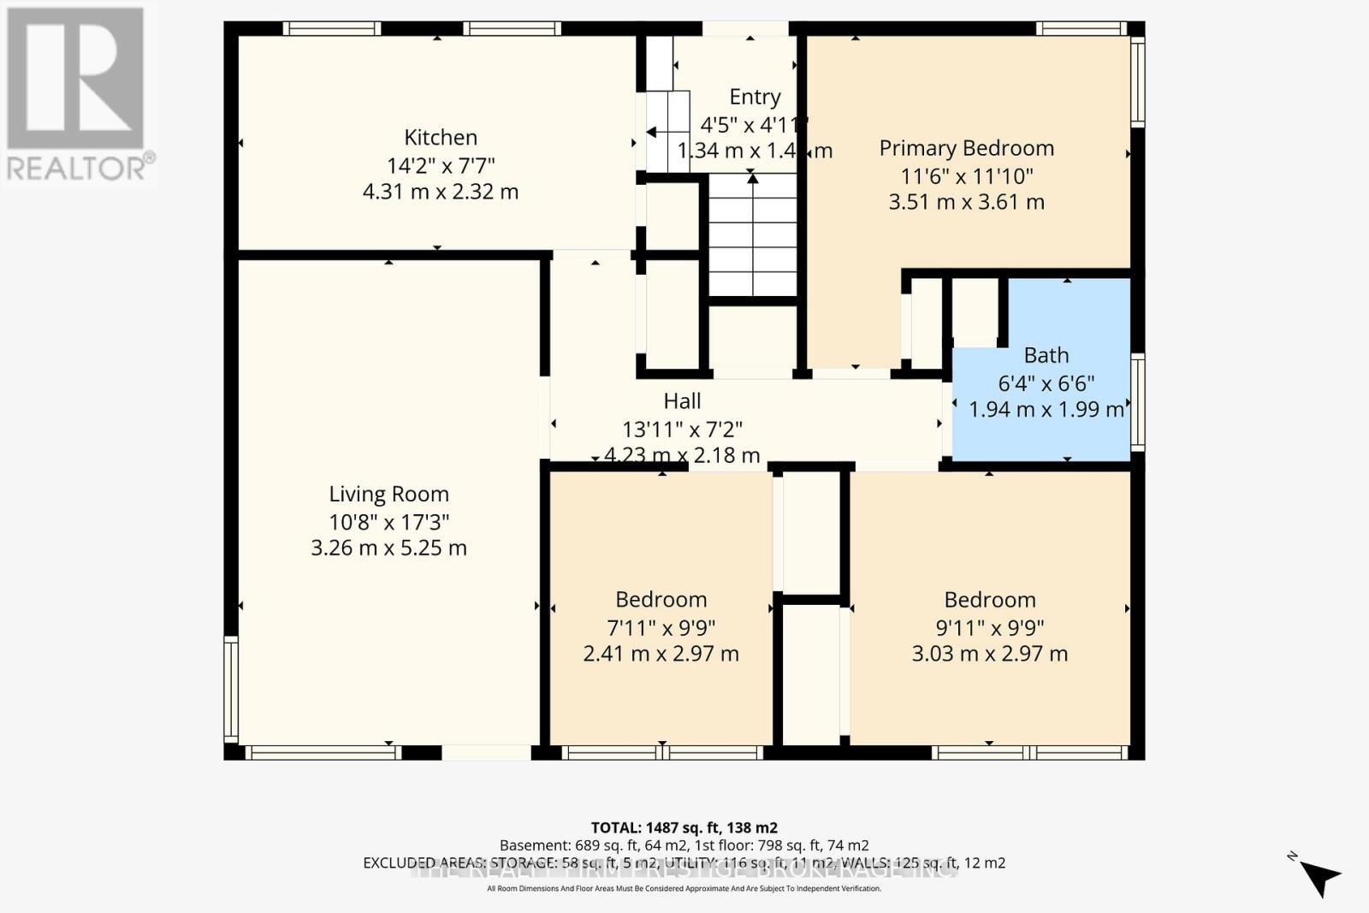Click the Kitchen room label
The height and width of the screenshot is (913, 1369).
[441, 137]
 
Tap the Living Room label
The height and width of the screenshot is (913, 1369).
[388, 494]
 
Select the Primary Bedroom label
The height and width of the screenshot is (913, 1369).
[966, 148]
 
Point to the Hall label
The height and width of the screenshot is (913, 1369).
[682, 400]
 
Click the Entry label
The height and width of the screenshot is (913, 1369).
[754, 97]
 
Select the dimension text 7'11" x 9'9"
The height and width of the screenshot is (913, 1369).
[661, 627]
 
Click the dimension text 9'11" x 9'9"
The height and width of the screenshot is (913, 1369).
[989, 627]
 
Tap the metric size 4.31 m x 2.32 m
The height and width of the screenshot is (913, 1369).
[440, 191]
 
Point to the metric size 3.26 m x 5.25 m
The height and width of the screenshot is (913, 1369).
[388, 548]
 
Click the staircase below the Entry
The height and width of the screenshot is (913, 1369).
[752, 235]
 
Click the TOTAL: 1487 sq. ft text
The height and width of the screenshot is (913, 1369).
[684, 827]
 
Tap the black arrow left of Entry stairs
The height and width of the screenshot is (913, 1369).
[652, 132]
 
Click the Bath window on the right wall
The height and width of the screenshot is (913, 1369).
[1137, 402]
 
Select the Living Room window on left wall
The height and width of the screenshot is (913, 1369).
[230, 689]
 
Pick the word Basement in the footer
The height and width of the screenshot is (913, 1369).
[530, 845]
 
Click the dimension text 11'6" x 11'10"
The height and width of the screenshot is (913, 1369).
[966, 176]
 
